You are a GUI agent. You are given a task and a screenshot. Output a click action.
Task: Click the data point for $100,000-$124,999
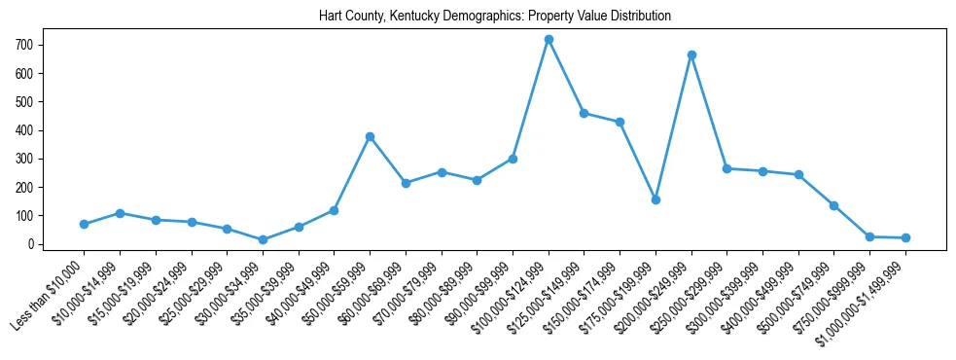coord(549,39)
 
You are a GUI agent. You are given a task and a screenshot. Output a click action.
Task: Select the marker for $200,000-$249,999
coord(691,54)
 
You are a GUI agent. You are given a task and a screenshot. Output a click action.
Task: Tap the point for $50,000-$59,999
coord(370,136)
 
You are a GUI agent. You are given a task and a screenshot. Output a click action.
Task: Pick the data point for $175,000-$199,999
coord(655,199)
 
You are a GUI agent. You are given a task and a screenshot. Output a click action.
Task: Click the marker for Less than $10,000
coord(84,224)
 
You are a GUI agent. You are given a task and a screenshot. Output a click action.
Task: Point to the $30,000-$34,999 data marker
coord(263,239)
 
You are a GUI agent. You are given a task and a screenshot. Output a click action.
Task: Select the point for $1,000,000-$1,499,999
coord(905,237)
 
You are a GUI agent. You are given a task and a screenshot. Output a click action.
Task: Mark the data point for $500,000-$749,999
coord(834,205)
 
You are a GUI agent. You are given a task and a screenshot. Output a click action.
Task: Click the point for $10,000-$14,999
coord(120,212)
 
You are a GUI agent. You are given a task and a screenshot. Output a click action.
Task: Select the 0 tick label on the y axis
coord(31,244)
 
